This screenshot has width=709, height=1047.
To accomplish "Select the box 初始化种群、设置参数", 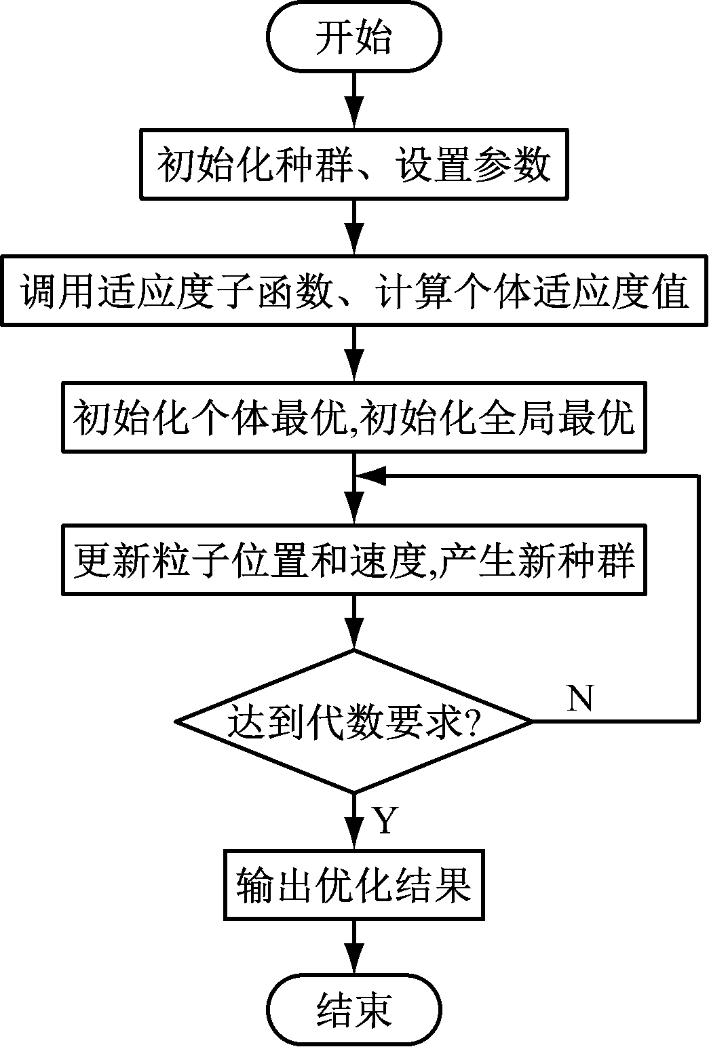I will pyautogui.click(x=354, y=165).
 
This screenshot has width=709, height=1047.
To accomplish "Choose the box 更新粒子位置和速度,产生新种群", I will pyautogui.click(x=354, y=560).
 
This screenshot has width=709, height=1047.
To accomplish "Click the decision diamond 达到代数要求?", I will pyautogui.click(x=354, y=721).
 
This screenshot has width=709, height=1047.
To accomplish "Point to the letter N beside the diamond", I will pyautogui.click(x=580, y=698).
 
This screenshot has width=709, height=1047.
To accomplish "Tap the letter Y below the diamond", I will pyautogui.click(x=385, y=820).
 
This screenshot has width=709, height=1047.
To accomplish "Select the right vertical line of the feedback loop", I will pyautogui.click(x=697, y=597).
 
